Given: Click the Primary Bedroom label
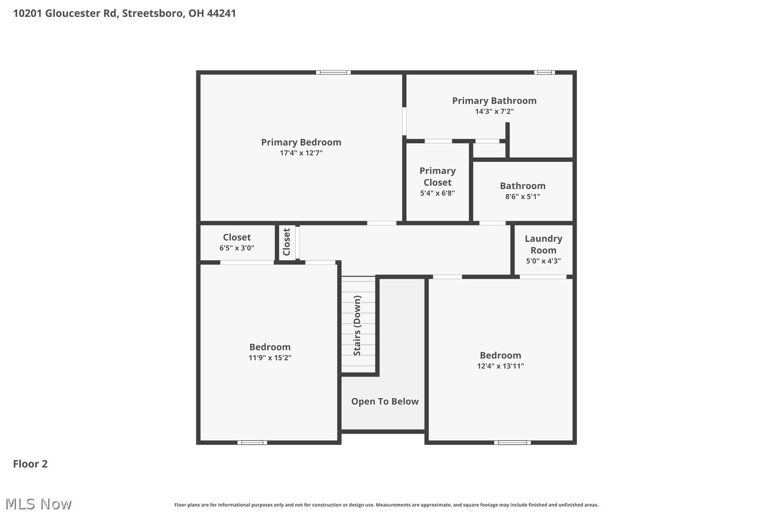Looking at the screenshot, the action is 301,142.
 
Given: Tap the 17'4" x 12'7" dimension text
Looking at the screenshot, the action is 301,153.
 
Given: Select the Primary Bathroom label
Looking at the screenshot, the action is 494,101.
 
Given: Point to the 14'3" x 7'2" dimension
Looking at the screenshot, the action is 494,111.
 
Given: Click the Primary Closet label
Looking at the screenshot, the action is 438,176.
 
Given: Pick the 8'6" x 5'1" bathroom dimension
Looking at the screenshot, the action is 523,197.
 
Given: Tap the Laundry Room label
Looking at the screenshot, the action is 543,244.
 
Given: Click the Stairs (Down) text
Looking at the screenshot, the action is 357,325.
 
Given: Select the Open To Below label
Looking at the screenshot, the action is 385,401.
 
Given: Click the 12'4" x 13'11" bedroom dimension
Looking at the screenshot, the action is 500,366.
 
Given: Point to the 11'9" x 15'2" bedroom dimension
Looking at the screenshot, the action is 270,358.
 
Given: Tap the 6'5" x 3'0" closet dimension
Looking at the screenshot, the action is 237,248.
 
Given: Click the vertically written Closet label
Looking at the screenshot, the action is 287,242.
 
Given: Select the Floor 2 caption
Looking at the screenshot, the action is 30,464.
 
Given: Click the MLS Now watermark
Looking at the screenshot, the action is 38,504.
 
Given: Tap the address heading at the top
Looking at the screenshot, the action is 125,13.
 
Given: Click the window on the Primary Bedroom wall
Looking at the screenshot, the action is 333,73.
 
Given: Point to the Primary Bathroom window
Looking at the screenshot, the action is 544,73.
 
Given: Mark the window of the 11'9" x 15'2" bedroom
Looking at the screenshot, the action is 253,442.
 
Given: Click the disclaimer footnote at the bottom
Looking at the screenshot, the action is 386,505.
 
